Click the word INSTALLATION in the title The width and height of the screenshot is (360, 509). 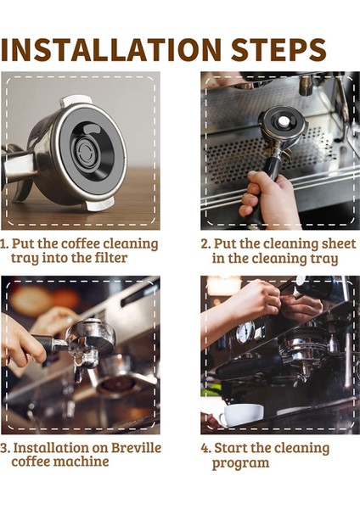point(115,48)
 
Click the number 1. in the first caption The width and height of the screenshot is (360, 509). point(6,244)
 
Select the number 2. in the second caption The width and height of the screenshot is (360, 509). point(206,244)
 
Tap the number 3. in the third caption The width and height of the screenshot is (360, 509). point(6,447)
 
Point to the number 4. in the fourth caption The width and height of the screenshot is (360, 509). point(205,447)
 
